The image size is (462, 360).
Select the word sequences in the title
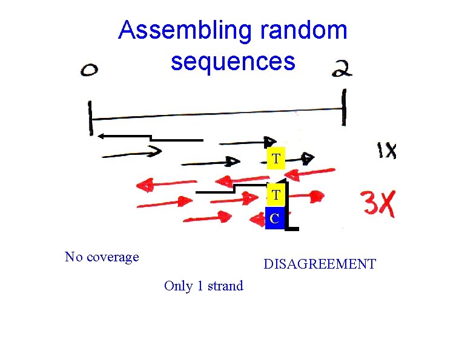233,61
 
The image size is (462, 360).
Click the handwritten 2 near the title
342,70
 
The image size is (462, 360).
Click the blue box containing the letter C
275,218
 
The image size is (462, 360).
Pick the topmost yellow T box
276,159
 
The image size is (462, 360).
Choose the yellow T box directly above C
276,195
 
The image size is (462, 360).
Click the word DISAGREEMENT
319,264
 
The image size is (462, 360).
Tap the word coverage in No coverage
113,257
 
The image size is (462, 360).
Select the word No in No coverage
73,257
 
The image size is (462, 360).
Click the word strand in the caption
225,286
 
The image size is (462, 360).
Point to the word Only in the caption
179,286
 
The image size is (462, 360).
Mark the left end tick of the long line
90,118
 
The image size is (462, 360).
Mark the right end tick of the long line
345,108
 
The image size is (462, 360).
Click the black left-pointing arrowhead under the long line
101,136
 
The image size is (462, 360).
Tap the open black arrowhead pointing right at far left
155,150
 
